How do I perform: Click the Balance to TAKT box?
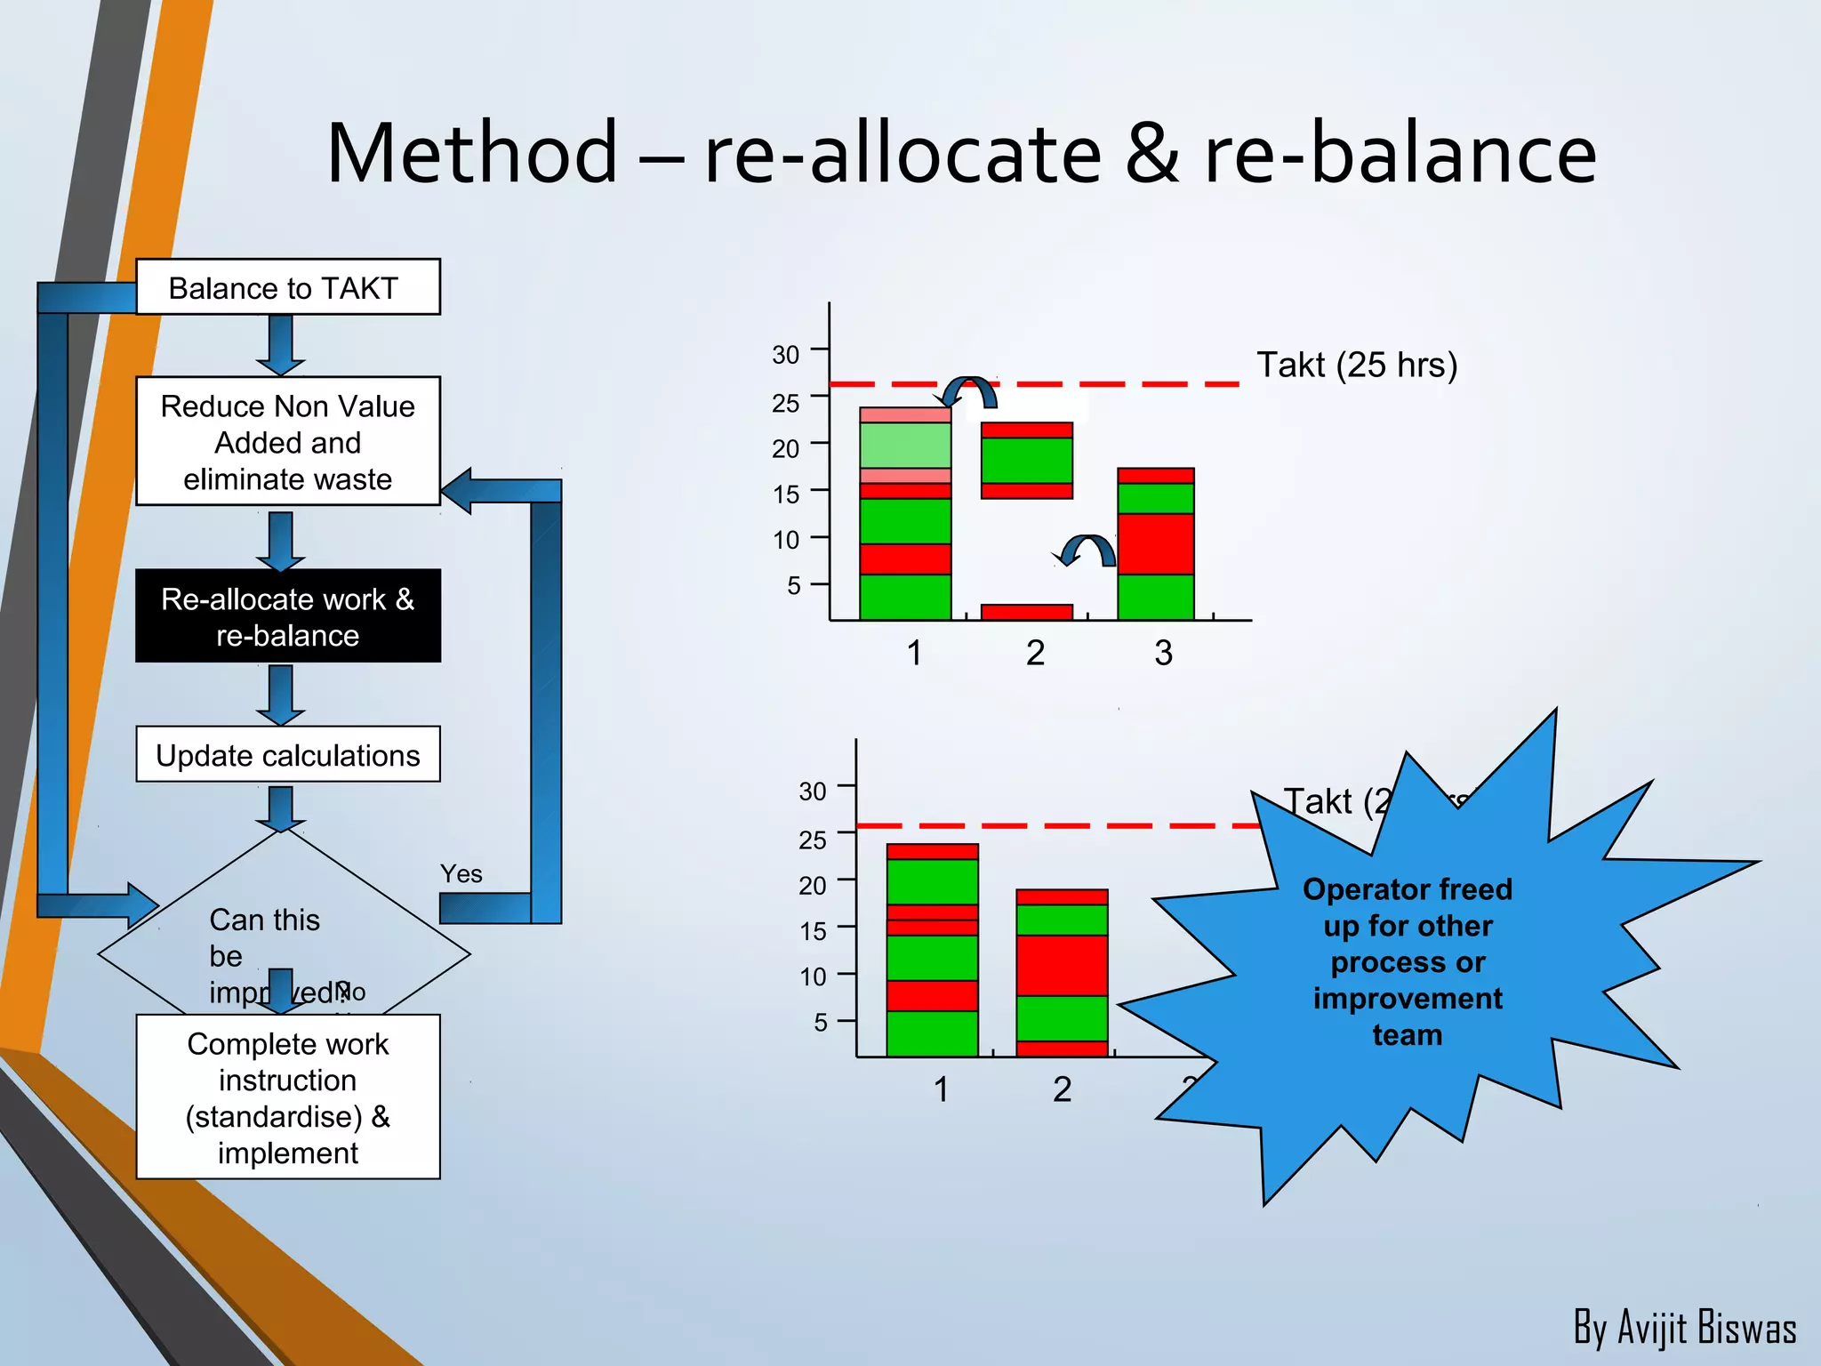pyautogui.click(x=287, y=287)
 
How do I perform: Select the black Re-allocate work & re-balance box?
pyautogui.click(x=287, y=616)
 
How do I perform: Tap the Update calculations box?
pyautogui.click(x=287, y=755)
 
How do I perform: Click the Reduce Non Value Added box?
pyautogui.click(x=287, y=442)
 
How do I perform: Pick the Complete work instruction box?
pyautogui.click(x=287, y=1097)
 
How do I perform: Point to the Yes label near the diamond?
pyautogui.click(x=461, y=874)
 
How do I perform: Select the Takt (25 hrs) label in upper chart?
pyautogui.click(x=1356, y=366)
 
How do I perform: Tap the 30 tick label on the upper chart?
pyautogui.click(x=785, y=355)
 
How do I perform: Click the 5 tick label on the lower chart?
pyautogui.click(x=820, y=1023)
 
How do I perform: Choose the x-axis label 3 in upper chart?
pyautogui.click(x=1163, y=654)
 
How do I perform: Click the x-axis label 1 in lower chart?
pyautogui.click(x=941, y=1089)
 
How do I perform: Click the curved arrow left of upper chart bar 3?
pyautogui.click(x=1087, y=549)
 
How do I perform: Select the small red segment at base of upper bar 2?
pyautogui.click(x=1026, y=612)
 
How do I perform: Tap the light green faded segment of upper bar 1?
pyautogui.click(x=905, y=446)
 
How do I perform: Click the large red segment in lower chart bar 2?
pyautogui.click(x=1062, y=965)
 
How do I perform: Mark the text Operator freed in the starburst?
pyautogui.click(x=1407, y=889)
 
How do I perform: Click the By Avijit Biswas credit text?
pyautogui.click(x=1684, y=1328)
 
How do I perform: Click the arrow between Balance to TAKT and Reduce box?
pyautogui.click(x=281, y=345)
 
